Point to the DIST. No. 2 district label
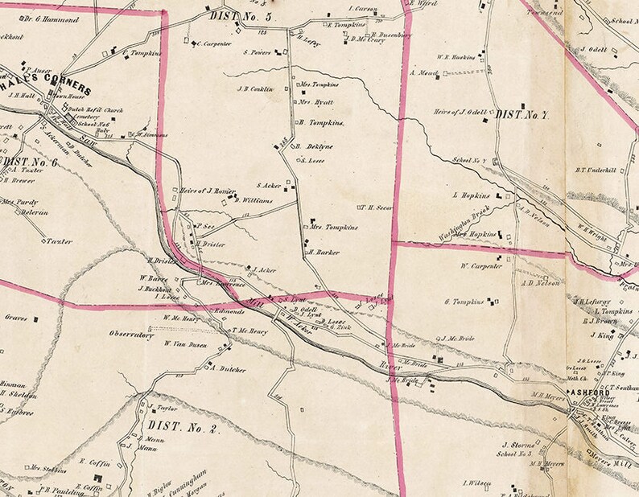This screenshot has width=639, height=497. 183,426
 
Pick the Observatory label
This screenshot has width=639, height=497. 132,337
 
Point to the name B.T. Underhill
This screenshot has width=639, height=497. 595,170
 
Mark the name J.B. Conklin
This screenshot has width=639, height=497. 256,88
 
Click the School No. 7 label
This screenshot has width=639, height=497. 468,160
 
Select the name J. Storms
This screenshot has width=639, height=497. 513,443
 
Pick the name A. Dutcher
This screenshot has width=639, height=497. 226,369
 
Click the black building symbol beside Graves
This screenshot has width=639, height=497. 36,319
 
